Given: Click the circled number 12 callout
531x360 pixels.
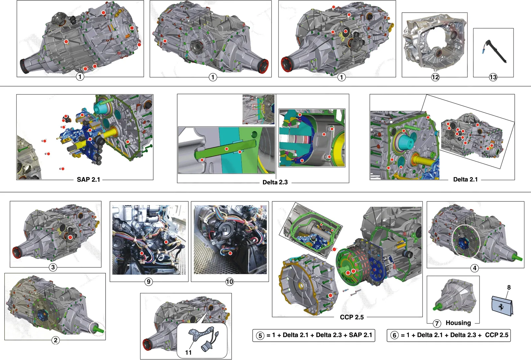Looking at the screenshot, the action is [x=435, y=77].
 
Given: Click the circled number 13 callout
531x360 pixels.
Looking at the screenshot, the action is [x=493, y=77].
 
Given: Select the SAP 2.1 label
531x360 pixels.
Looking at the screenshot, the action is [x=88, y=180].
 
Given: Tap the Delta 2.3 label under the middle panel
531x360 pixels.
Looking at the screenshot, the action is [x=275, y=182].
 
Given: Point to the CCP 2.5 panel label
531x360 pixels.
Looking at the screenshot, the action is [x=352, y=317].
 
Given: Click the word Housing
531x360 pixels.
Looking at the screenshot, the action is [x=458, y=323].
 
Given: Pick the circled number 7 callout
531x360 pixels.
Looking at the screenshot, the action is [x=437, y=323].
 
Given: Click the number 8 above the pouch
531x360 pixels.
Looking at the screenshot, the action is [x=509, y=287].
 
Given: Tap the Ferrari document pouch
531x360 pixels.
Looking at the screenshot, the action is [x=502, y=306].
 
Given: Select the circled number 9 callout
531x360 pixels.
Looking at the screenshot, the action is [x=149, y=282].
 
